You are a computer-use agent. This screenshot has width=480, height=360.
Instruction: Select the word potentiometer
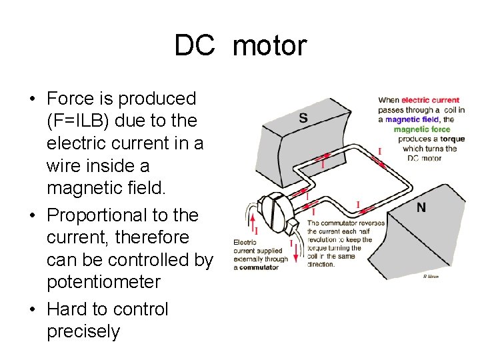click(103, 282)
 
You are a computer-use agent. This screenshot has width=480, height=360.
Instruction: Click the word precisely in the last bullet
click(83, 331)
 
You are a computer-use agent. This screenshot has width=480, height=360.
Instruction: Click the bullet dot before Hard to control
click(32, 310)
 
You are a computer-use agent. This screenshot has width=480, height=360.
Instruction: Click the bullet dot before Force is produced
click(32, 99)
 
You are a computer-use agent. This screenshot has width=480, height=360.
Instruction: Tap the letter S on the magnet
click(303, 119)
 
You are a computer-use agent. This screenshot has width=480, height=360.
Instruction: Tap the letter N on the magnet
click(421, 207)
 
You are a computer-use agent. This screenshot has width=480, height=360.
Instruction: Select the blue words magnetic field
click(410, 119)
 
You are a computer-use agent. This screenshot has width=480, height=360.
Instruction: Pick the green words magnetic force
click(422, 129)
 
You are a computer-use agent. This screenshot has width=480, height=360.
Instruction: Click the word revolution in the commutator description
click(326, 239)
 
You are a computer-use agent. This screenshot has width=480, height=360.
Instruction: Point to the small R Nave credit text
click(431, 277)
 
